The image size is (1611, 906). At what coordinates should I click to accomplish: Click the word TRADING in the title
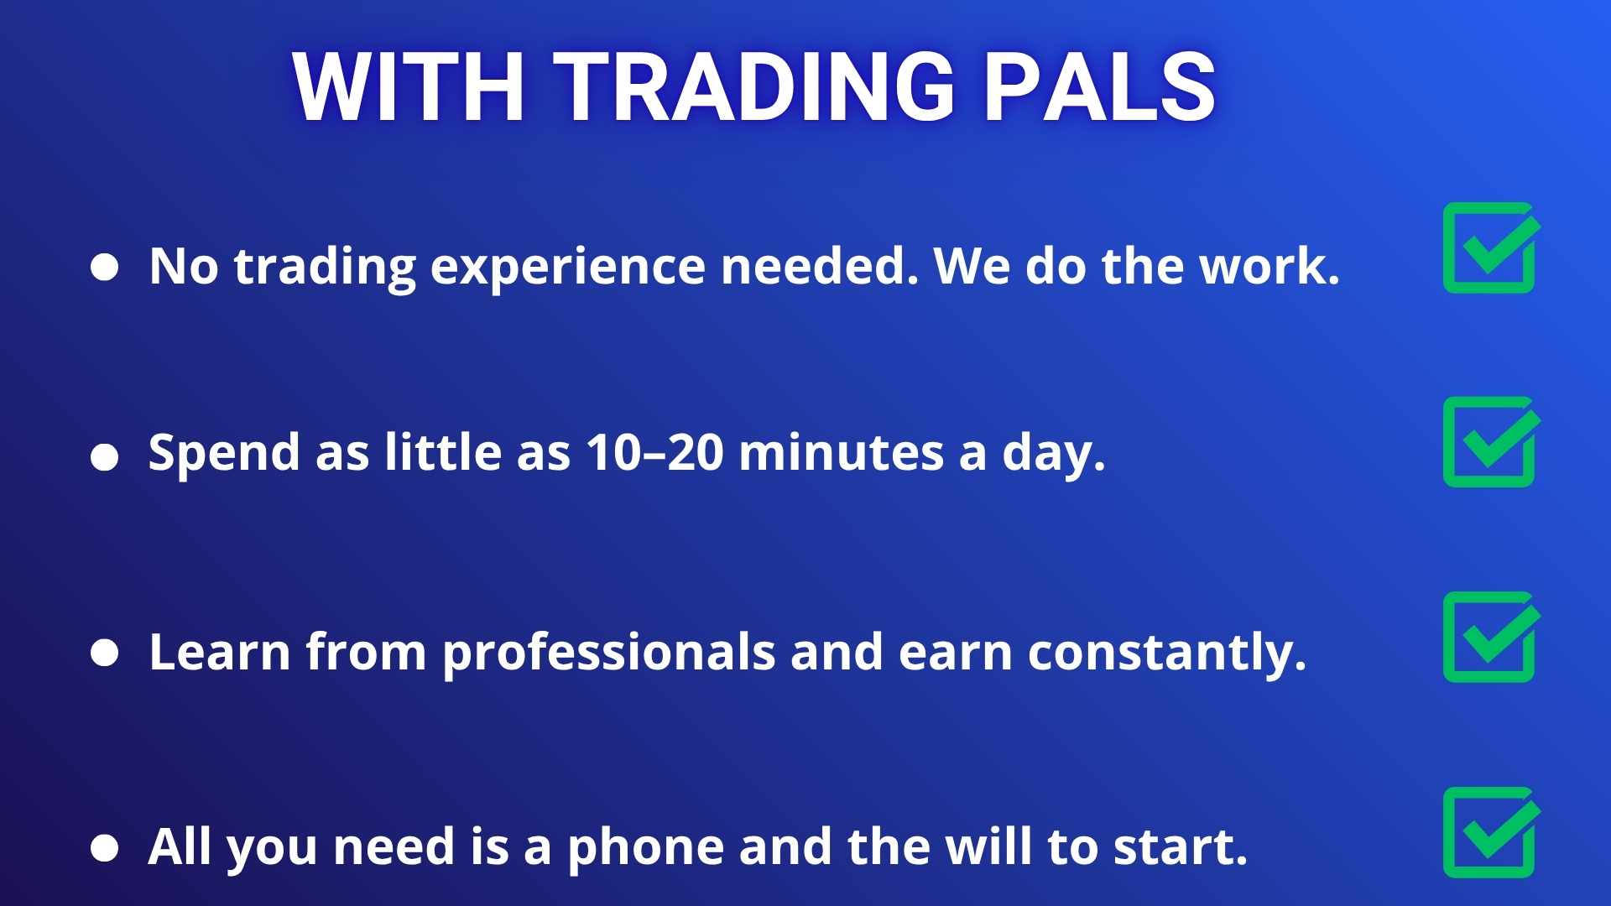(x=754, y=86)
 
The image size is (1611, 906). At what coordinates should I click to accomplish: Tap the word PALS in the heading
(x=1099, y=86)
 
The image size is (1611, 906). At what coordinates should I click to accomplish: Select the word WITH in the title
(x=409, y=86)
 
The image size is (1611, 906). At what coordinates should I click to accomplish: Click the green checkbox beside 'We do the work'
(x=1491, y=247)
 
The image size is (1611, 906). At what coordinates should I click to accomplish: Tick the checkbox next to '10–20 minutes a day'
(x=1491, y=442)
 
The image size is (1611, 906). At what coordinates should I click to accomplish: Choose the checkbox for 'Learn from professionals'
(x=1491, y=637)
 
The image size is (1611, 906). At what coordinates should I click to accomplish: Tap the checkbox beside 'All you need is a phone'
(x=1491, y=832)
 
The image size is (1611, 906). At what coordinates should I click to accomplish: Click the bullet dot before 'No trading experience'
(x=104, y=267)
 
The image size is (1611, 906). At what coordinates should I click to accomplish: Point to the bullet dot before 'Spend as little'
(x=104, y=457)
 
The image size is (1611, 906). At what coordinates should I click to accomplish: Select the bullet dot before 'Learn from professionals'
(x=104, y=653)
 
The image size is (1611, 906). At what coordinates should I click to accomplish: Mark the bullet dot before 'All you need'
(x=104, y=847)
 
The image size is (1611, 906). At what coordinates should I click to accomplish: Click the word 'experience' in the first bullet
(x=568, y=268)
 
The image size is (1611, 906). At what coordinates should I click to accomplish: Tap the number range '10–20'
(x=655, y=453)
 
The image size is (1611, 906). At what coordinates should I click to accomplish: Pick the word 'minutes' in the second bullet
(x=841, y=453)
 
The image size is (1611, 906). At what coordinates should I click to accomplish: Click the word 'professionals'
(x=609, y=654)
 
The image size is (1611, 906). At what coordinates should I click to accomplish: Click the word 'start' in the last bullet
(x=1180, y=847)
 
